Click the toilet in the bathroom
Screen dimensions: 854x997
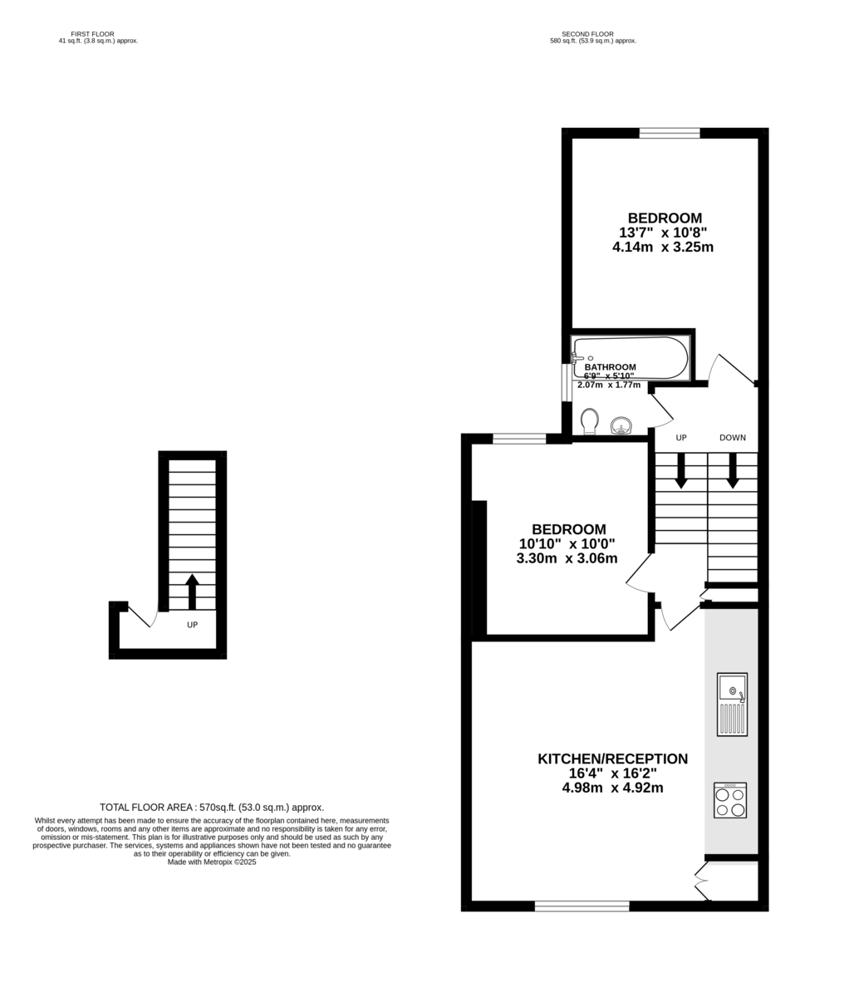tap(589, 421)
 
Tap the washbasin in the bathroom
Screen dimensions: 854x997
tap(621, 425)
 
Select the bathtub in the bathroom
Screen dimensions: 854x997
tap(631, 357)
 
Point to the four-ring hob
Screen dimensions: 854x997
tap(730, 800)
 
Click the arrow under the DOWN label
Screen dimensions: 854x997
tap(733, 470)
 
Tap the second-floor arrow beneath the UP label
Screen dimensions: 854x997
tap(681, 470)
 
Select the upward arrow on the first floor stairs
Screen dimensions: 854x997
tap(192, 592)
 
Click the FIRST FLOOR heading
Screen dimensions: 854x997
tap(92, 34)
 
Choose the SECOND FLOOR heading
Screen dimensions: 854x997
tap(587, 34)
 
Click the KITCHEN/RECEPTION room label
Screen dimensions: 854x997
tap(612, 759)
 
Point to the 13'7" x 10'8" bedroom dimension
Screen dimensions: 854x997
tap(663, 233)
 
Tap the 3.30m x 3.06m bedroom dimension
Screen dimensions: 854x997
tap(567, 558)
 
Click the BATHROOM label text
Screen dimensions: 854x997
tap(610, 367)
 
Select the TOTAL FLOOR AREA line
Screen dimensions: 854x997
tap(212, 807)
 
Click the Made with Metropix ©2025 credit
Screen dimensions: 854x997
tap(212, 862)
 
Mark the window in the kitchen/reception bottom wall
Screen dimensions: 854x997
tap(582, 906)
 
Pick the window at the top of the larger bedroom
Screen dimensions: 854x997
tap(670, 133)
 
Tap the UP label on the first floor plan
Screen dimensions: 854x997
tap(192, 625)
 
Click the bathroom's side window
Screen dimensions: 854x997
tap(567, 382)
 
